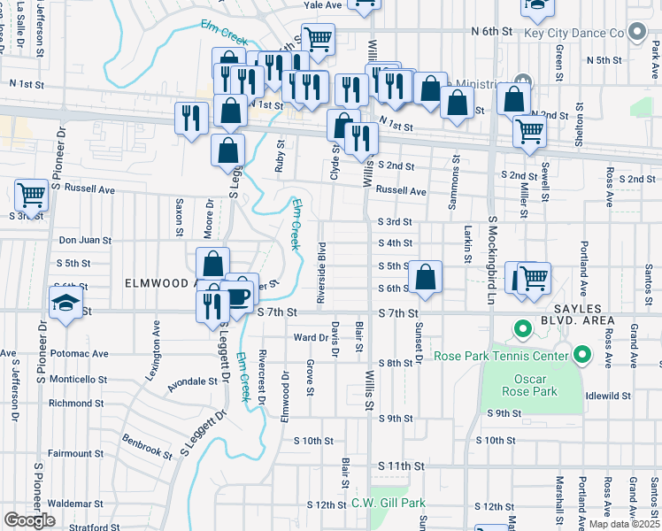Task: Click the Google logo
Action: [x=29, y=520]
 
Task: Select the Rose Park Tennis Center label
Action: [x=500, y=356]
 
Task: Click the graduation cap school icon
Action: [x=65, y=305]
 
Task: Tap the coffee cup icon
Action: [x=240, y=295]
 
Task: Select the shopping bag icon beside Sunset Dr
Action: [x=426, y=276]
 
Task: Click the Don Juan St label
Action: [x=85, y=240]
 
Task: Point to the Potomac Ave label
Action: [x=79, y=353]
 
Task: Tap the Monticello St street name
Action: [x=77, y=379]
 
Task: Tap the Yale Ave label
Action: [x=323, y=5]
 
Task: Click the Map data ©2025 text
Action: [x=624, y=524]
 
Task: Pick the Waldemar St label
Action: [x=75, y=503]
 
